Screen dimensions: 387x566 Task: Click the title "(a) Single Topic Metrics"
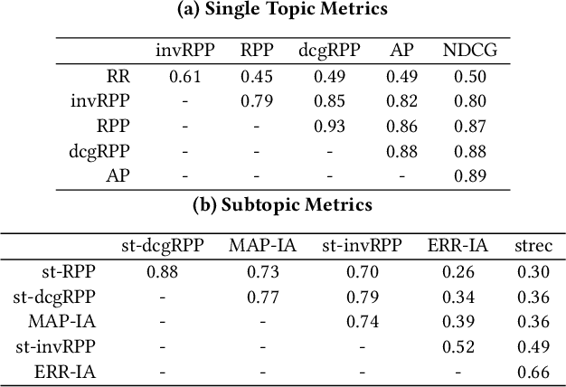[282, 10]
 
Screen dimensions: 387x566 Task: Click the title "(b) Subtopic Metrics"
[282, 204]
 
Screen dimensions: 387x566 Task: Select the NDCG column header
[469, 52]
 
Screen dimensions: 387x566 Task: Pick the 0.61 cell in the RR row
[185, 76]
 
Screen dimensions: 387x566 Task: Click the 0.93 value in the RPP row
[329, 127]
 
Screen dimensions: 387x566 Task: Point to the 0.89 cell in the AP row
[469, 176]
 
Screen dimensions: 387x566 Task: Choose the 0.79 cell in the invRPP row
[256, 101]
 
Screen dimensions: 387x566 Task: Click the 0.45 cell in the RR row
[256, 76]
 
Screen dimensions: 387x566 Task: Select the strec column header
[533, 245]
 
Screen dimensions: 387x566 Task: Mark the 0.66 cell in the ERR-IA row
[533, 371]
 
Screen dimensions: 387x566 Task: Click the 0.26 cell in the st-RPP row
[458, 270]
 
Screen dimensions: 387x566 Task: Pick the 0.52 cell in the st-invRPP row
[458, 345]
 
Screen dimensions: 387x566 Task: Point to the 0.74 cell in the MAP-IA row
[362, 320]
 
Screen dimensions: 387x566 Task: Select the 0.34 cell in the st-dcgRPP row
[458, 296]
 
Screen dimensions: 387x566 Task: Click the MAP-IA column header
[261, 245]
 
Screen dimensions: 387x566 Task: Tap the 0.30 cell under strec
[533, 270]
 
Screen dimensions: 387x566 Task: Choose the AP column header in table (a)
[401, 52]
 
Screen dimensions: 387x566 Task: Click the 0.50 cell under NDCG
[469, 76]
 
